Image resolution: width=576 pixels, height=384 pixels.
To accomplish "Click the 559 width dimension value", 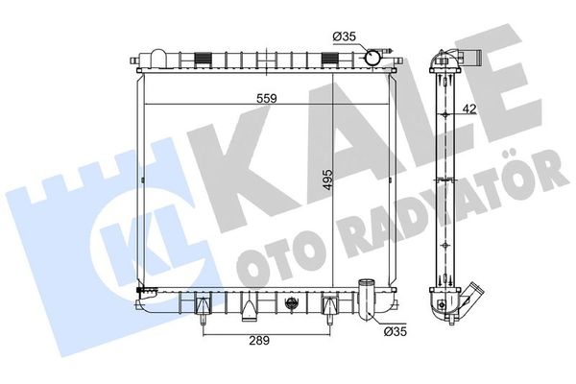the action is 267,98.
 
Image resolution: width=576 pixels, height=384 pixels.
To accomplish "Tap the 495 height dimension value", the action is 327,180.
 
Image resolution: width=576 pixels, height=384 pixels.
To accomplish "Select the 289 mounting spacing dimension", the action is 259,341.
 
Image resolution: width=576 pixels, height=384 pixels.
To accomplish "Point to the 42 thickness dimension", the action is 469,108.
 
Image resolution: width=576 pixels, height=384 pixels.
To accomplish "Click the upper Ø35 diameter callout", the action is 345,36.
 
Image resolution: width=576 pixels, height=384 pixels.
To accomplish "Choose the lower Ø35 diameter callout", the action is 396,332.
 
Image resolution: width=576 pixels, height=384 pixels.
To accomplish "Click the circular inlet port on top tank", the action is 372,59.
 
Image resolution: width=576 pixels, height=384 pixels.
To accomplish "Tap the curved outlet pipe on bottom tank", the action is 368,300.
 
